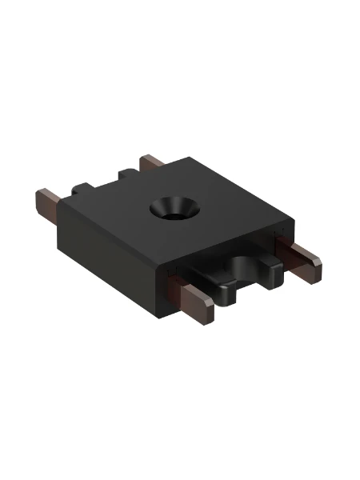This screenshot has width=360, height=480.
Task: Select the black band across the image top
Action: coord(180,28)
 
